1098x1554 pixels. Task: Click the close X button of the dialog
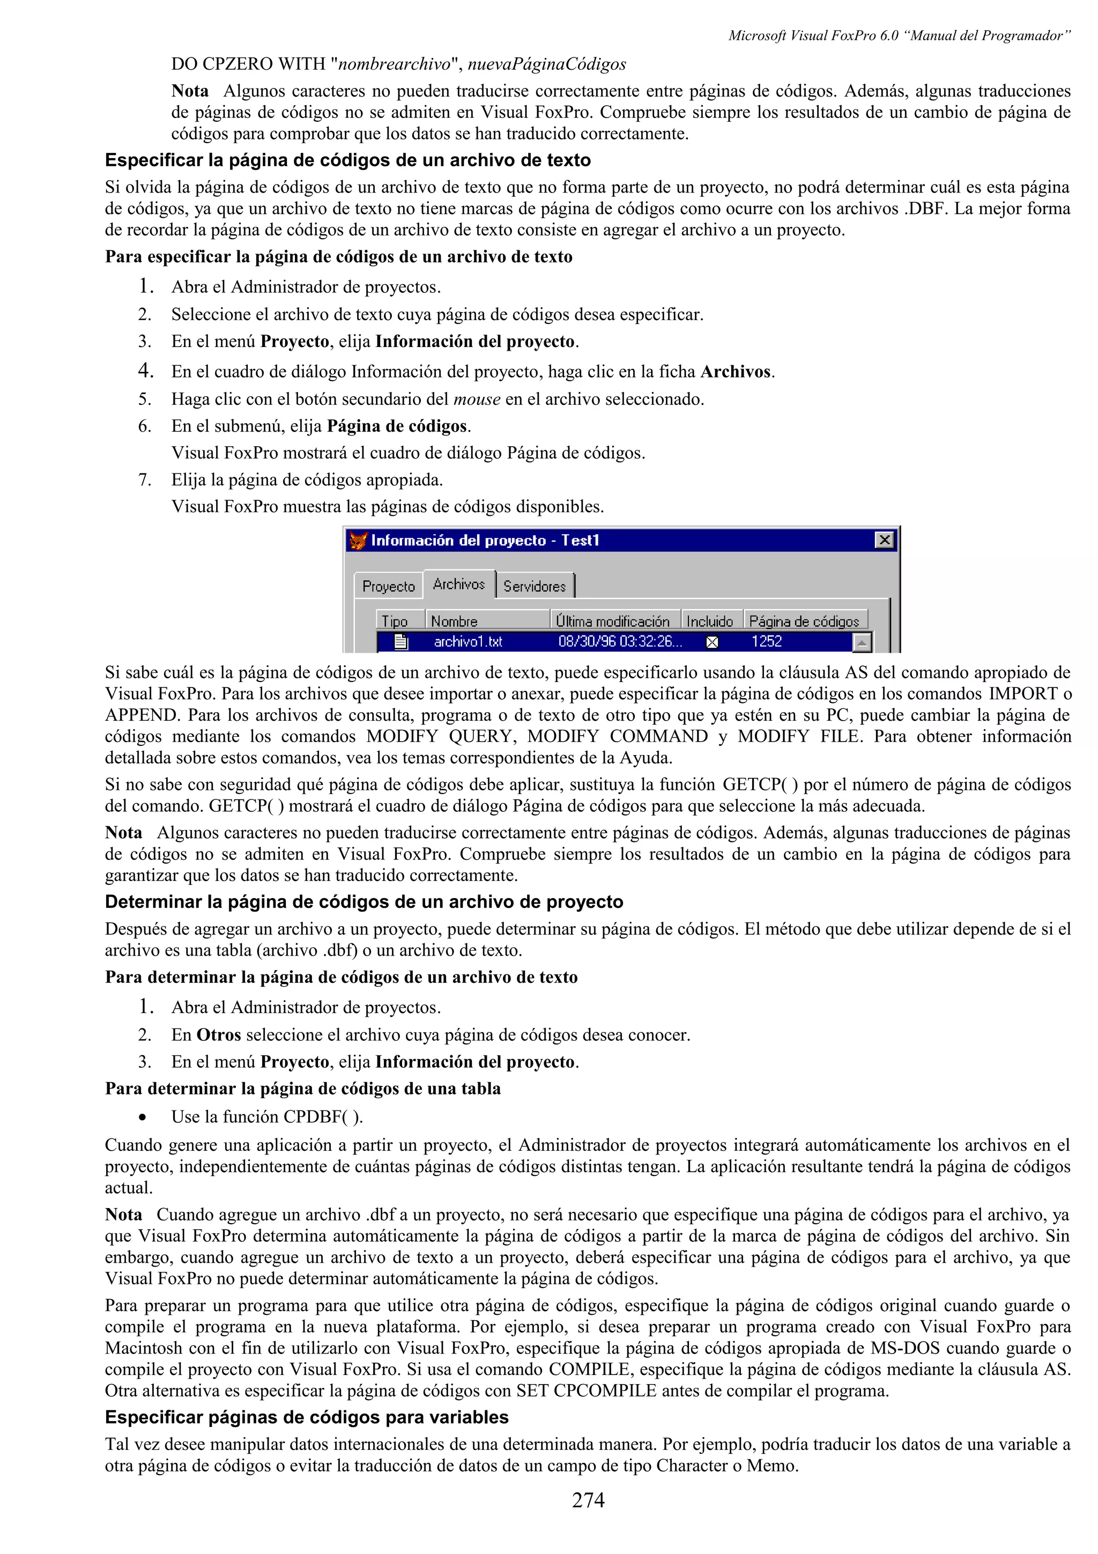(x=884, y=539)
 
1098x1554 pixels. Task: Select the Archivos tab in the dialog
(x=459, y=584)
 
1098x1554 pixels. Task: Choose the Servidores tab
(x=535, y=586)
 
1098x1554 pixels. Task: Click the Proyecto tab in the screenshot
(x=388, y=586)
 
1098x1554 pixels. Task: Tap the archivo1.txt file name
(x=468, y=642)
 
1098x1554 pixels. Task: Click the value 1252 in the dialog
(x=767, y=642)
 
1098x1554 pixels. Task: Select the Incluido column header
(x=710, y=620)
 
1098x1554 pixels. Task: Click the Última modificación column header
(x=613, y=620)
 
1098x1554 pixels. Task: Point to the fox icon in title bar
(x=358, y=540)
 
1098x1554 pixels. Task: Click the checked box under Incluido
(x=711, y=642)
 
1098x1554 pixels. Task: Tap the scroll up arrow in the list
(x=861, y=642)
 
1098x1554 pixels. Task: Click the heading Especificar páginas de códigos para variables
(x=307, y=1417)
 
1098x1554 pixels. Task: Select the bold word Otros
(x=219, y=1035)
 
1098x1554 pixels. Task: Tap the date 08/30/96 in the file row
(x=586, y=642)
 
